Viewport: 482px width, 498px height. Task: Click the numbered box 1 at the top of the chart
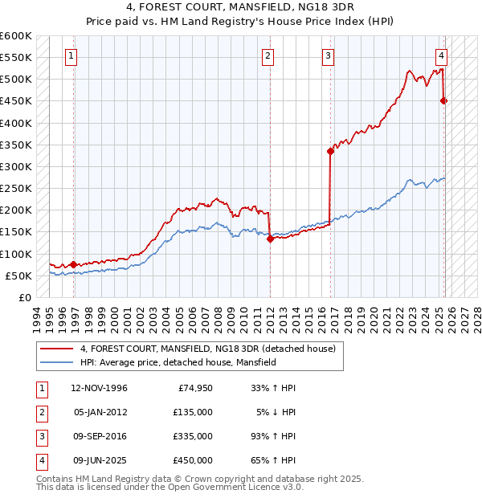71,56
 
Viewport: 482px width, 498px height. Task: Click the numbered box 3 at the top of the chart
329,56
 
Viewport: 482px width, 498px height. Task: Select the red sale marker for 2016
330,151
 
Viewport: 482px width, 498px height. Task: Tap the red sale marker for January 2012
270,238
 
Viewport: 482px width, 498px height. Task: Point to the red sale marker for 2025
443,100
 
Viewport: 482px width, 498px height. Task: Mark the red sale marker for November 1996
74,264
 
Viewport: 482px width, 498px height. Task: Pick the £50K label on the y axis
18,276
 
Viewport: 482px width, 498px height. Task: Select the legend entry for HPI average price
178,363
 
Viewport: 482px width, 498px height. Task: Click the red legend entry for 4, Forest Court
212,349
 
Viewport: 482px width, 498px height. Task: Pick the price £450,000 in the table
193,460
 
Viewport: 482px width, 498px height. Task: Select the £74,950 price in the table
193,388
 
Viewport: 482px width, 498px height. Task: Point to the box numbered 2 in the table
39,412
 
